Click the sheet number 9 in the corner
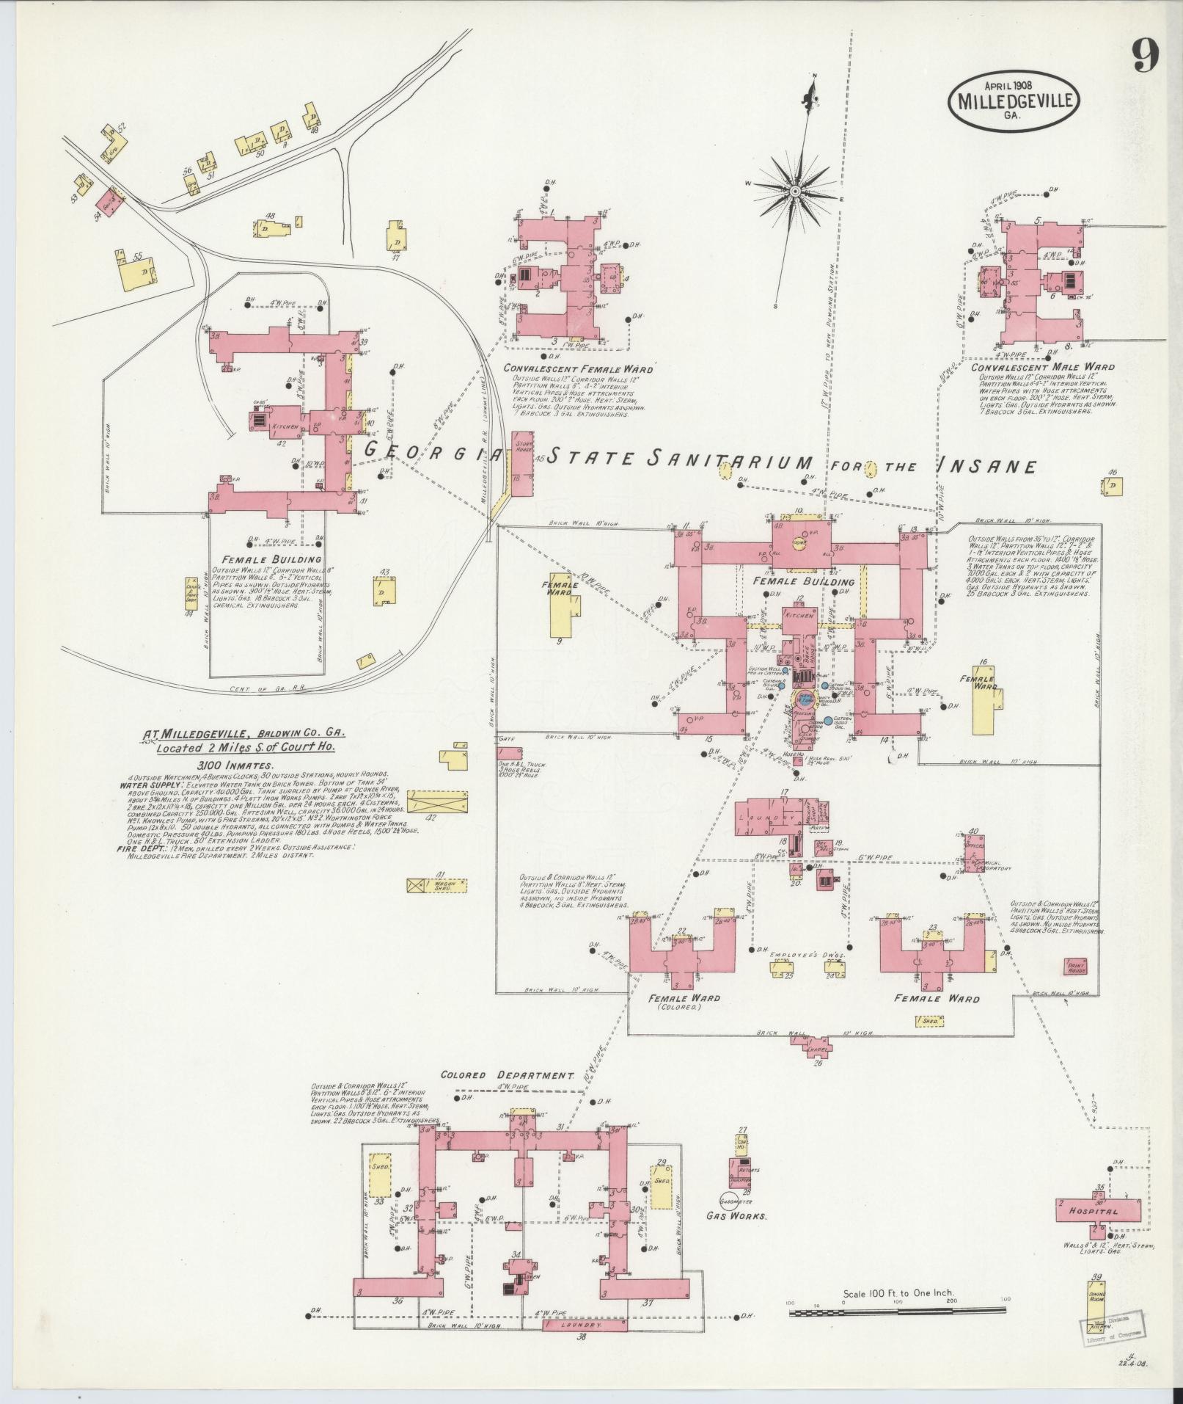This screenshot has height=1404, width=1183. (x=1145, y=56)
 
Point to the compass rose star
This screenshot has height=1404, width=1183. (x=794, y=191)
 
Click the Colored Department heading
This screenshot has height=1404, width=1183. (x=506, y=1075)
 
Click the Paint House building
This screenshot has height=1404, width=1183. (x=1075, y=968)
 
